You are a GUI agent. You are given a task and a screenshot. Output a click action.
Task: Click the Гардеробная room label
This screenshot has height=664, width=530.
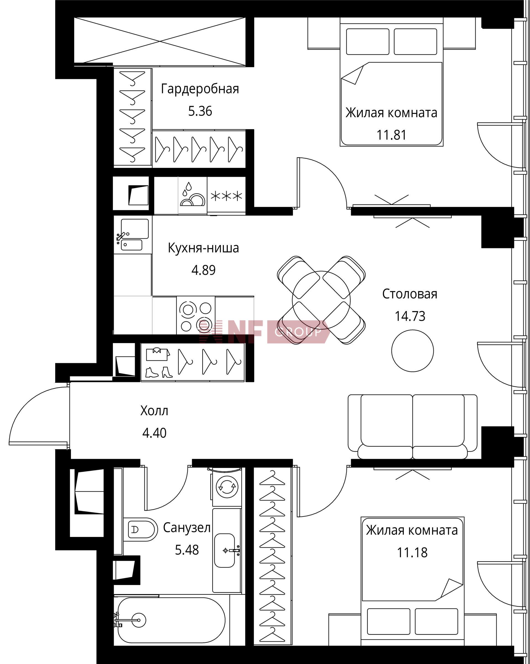click(200, 89)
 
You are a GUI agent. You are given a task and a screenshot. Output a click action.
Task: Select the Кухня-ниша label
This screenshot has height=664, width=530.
click(203, 248)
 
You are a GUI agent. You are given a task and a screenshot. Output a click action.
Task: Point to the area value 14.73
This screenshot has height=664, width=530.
click(410, 316)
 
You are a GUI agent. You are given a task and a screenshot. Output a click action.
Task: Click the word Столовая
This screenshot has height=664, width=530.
click(410, 294)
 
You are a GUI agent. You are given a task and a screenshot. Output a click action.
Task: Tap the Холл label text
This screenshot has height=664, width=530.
click(154, 411)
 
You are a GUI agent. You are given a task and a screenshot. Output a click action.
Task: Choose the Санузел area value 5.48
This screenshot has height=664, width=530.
click(187, 550)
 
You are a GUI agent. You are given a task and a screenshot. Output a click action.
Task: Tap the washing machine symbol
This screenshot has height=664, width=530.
click(227, 487)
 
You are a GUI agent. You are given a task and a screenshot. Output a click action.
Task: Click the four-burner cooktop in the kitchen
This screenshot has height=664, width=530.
click(196, 316)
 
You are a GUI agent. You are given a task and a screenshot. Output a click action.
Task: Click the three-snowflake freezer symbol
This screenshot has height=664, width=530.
click(226, 196)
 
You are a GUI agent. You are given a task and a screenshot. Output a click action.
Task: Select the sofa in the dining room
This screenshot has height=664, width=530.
click(412, 427)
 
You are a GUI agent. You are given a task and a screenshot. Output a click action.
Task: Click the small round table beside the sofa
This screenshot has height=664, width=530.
click(413, 351)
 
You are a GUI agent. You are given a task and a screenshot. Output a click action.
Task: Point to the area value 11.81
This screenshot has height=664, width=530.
click(391, 135)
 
